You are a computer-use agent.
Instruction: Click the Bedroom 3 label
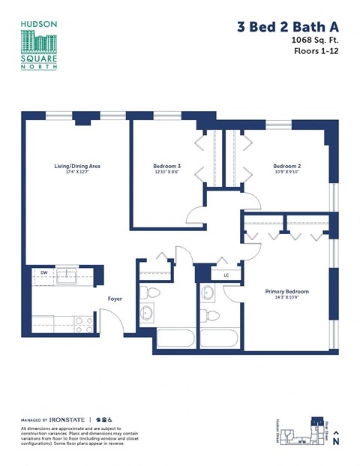pyautogui.click(x=166, y=166)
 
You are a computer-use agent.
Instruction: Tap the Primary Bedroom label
pyautogui.click(x=287, y=291)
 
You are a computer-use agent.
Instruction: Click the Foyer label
pyautogui.click(x=115, y=299)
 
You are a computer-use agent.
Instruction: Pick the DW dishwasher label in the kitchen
pyautogui.click(x=44, y=272)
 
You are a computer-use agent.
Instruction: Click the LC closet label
pyautogui.click(x=227, y=275)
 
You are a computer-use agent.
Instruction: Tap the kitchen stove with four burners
pyautogui.click(x=83, y=324)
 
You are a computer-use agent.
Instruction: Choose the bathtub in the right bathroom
pyautogui.click(x=219, y=338)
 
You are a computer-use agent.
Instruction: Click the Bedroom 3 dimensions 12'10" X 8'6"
pyautogui.click(x=166, y=173)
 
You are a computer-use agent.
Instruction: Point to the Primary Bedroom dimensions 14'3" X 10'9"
pyautogui.click(x=287, y=298)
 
